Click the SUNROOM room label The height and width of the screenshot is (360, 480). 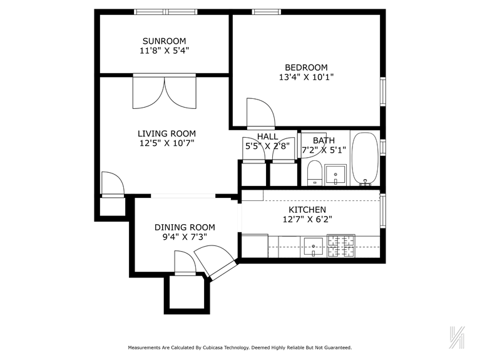163,41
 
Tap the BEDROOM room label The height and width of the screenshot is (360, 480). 306,68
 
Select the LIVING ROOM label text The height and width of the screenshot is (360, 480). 166,133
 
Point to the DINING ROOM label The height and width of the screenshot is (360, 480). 185,227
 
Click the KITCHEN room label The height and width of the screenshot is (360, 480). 307,210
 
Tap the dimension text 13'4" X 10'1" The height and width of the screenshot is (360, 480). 306,78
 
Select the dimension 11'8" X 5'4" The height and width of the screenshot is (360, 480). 163,51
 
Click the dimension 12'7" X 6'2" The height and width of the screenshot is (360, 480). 307,220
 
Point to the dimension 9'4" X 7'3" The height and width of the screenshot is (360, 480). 185,237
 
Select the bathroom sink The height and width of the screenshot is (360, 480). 336,174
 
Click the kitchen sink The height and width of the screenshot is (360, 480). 313,246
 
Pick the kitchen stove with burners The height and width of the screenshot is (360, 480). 341,246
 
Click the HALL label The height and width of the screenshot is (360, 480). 267,136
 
